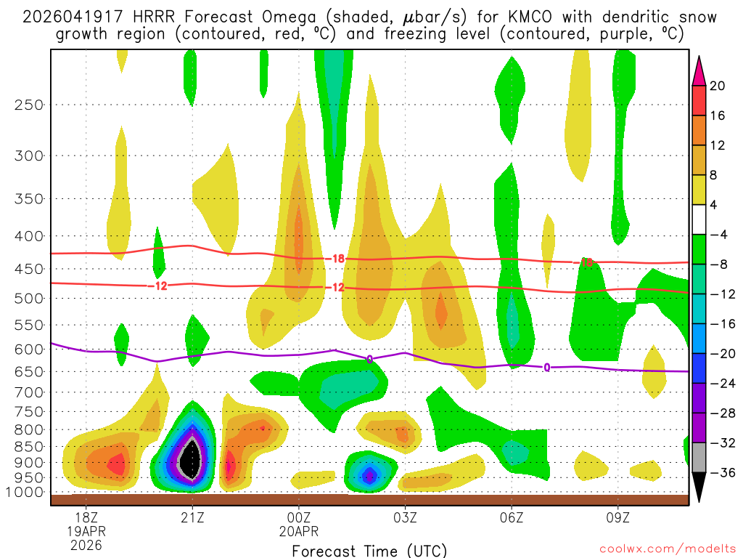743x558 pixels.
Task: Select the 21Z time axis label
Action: pos(192,519)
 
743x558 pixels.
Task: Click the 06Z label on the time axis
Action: pos(512,519)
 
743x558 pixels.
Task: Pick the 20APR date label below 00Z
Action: pos(299,532)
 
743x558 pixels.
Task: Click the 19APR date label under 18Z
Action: pos(86,532)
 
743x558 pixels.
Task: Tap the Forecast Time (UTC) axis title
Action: pos(369,550)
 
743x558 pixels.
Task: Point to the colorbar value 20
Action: pos(718,86)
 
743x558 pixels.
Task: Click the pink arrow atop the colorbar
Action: pos(700,69)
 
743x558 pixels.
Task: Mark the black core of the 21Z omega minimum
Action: pos(191,459)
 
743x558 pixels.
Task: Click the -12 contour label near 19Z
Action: pos(160,286)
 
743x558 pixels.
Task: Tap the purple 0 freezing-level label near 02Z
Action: pos(369,359)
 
